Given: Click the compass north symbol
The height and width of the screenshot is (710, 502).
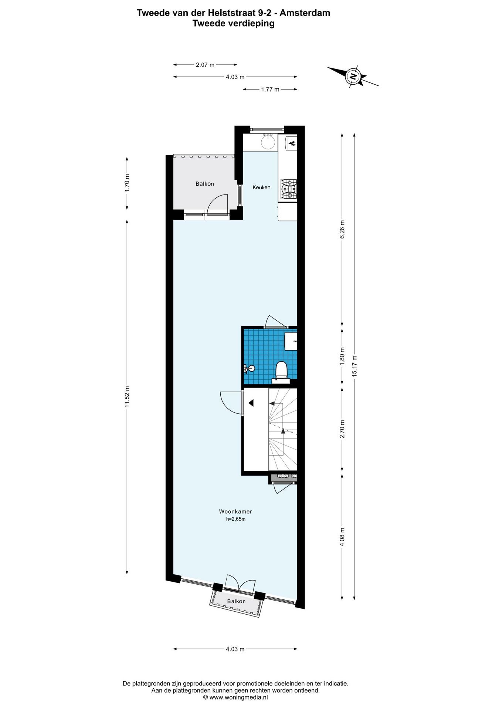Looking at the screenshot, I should coord(353,77).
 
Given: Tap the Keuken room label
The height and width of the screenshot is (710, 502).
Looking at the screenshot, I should coord(261,187).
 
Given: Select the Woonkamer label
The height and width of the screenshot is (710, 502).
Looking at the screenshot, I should coord(235,511).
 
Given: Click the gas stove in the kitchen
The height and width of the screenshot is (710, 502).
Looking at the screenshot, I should coord(288,189).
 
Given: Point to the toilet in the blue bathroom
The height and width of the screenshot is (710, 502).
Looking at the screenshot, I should coord(282,370).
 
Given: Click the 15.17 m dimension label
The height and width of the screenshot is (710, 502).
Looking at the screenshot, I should coord(355,366).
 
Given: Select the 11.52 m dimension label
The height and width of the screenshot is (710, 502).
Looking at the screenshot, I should coord(127,397).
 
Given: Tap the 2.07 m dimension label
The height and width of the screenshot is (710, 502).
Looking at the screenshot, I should coord(205,65).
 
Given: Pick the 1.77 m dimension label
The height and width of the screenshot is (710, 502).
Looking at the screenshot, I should coord(270,89).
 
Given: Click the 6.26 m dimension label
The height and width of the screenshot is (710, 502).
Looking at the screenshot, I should coord(342,229).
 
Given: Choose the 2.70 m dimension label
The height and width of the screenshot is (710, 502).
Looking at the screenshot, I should coord(342,429).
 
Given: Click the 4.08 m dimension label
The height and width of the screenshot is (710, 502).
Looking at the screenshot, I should coord(342,537).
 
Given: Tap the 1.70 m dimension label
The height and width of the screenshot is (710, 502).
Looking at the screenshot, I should coord(127,183).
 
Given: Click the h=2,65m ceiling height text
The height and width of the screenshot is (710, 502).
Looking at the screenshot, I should coord(236,519).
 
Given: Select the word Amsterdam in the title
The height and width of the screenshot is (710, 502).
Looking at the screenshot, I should coord(305,13).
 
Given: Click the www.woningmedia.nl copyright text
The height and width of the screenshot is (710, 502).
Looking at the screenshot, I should coord(235,697).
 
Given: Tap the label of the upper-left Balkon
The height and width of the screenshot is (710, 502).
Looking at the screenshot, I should coord(205,184).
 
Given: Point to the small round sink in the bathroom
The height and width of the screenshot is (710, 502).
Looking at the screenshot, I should coord(251,368).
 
